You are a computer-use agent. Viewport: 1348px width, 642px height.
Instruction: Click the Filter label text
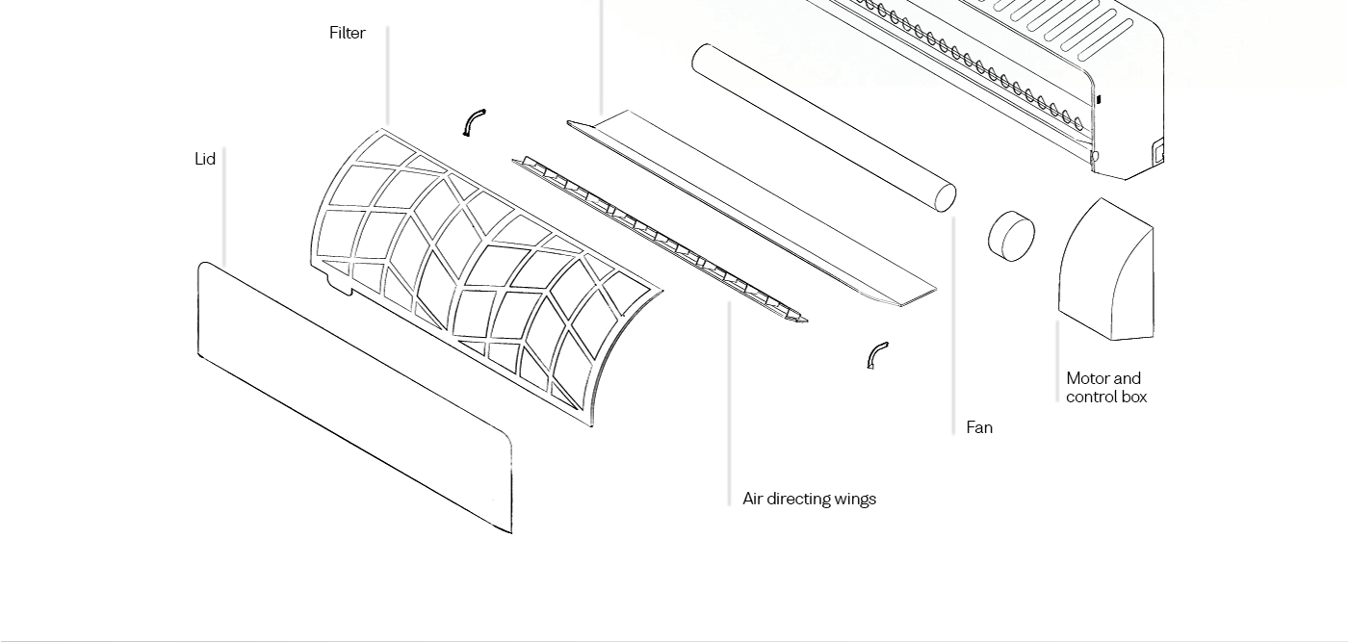(347, 33)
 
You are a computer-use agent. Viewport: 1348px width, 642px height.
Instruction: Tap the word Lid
(204, 159)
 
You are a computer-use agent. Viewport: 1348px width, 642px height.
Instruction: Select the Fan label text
(978, 427)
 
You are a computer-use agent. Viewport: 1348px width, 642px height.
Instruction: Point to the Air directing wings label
(809, 499)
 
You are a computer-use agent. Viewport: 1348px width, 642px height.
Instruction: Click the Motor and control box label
(1105, 387)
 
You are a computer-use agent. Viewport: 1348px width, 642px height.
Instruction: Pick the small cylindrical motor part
(1011, 236)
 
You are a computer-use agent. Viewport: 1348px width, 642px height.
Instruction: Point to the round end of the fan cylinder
(945, 197)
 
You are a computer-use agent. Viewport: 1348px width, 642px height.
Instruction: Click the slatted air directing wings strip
(660, 240)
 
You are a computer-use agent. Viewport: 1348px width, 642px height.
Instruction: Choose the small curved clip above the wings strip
(474, 122)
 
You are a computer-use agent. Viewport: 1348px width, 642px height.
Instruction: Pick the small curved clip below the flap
(876, 354)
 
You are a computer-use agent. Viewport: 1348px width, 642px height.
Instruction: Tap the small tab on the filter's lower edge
(337, 283)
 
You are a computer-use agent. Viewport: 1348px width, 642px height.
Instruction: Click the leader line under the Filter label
(387, 77)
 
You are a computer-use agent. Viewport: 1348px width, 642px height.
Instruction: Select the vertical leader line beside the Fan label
(953, 327)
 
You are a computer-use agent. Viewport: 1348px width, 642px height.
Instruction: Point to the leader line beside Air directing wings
(729, 404)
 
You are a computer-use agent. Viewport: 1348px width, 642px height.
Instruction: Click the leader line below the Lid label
(224, 207)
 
